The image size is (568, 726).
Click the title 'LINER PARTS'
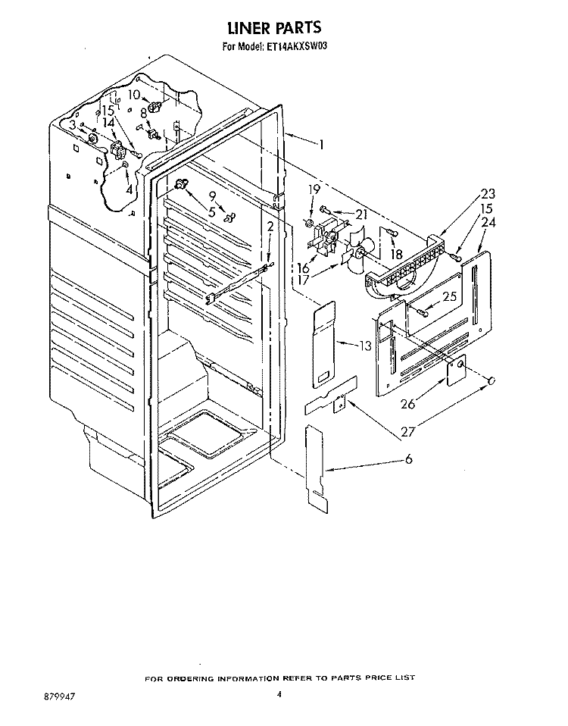pos(274,28)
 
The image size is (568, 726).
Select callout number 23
pos(488,193)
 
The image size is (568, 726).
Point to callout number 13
pos(365,346)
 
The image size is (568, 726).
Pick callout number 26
pos(408,404)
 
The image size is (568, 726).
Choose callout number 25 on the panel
pos(449,296)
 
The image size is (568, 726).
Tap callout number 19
pos(314,189)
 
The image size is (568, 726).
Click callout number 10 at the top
pos(134,95)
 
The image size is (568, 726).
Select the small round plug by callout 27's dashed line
pos(492,380)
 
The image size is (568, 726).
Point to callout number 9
pos(212,196)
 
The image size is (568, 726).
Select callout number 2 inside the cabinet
pos(270,227)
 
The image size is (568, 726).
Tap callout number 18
pos(396,254)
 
